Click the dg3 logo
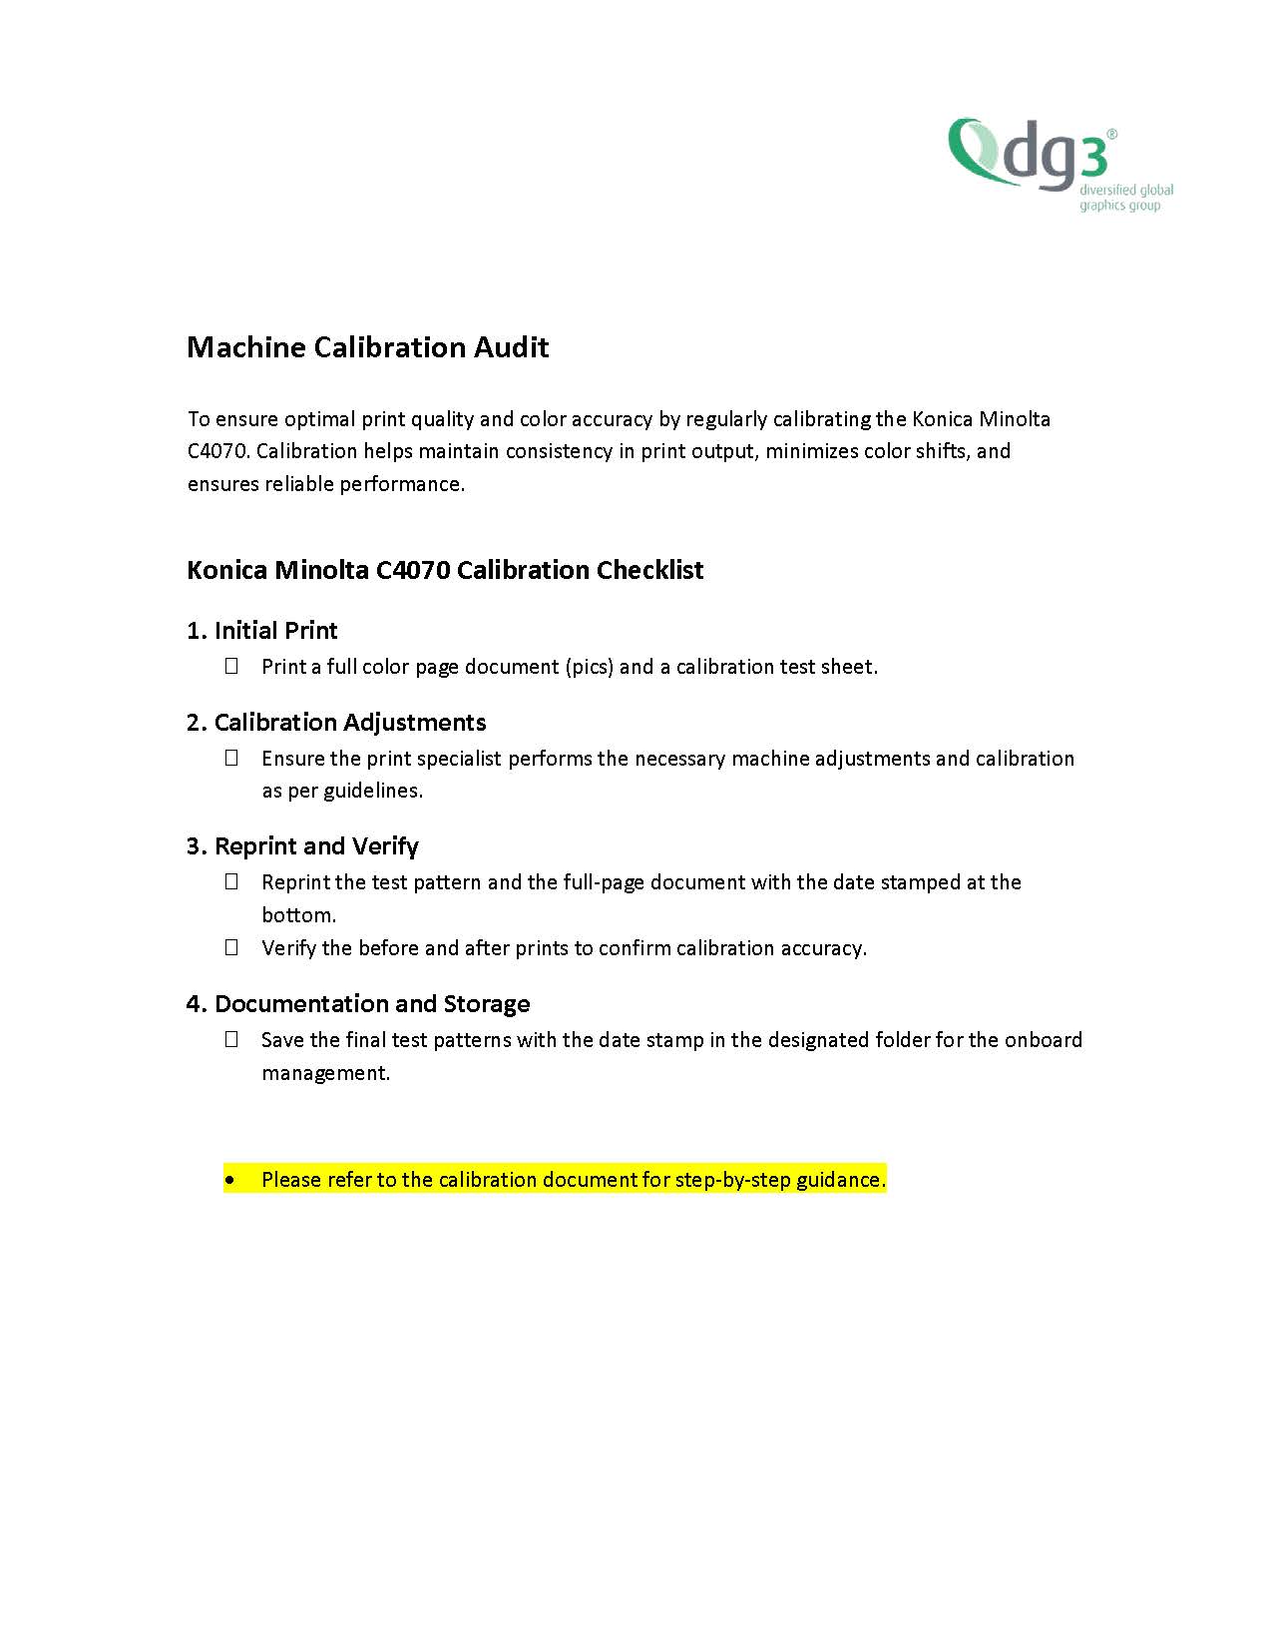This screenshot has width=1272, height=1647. tap(1033, 155)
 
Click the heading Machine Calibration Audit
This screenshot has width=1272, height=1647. tap(367, 347)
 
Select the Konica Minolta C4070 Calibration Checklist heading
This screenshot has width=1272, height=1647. tap(445, 570)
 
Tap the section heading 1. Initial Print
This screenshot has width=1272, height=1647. tap(261, 631)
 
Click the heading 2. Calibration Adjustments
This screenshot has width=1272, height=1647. tap(336, 723)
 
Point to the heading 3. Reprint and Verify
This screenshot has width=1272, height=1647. tap(302, 846)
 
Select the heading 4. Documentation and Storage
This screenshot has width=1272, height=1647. tap(358, 1004)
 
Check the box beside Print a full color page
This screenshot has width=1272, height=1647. tap(231, 666)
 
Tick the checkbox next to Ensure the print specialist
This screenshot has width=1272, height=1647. tap(231, 758)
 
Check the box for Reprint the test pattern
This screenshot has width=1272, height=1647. tap(231, 881)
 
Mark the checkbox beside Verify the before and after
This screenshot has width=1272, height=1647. tap(231, 947)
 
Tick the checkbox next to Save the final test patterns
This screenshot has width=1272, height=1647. tap(231, 1039)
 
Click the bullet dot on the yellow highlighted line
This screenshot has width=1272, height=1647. tap(231, 1180)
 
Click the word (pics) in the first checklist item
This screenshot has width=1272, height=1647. tap(589, 667)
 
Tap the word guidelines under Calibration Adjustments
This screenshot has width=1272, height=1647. tap(372, 791)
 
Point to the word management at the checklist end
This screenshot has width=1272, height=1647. tap(325, 1073)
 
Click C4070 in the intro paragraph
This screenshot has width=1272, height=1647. tap(216, 451)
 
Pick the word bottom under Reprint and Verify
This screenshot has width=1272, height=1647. tap(298, 915)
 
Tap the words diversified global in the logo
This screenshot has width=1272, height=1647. tap(1126, 190)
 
